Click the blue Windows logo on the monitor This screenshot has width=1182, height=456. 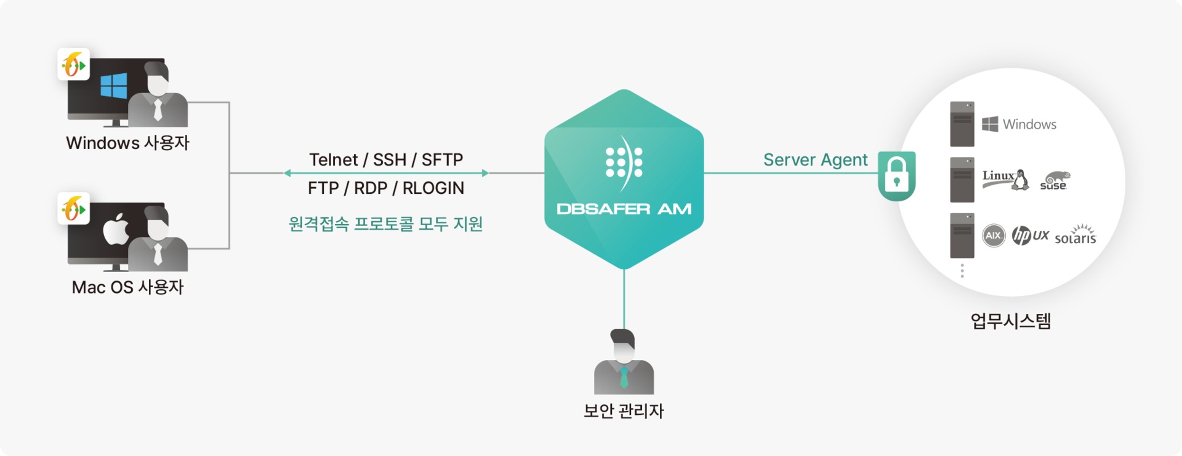[x=114, y=86]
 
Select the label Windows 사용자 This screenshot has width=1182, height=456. [x=127, y=143]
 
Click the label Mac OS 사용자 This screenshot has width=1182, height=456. [x=127, y=287]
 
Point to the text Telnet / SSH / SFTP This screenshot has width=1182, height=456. [x=386, y=160]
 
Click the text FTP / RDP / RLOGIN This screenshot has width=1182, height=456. [x=386, y=188]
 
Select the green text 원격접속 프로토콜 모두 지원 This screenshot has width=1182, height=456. [x=386, y=223]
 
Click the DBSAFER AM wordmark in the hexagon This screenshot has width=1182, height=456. [x=624, y=209]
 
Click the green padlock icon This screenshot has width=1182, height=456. [x=897, y=176]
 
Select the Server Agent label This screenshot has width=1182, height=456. [x=815, y=160]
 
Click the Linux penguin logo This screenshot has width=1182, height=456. [x=1021, y=180]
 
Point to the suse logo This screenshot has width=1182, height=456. [x=1054, y=181]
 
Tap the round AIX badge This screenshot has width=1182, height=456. [x=994, y=236]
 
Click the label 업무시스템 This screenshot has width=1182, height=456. [x=1010, y=321]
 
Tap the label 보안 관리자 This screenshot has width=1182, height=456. [x=624, y=410]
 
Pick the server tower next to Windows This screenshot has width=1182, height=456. [x=962, y=124]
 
